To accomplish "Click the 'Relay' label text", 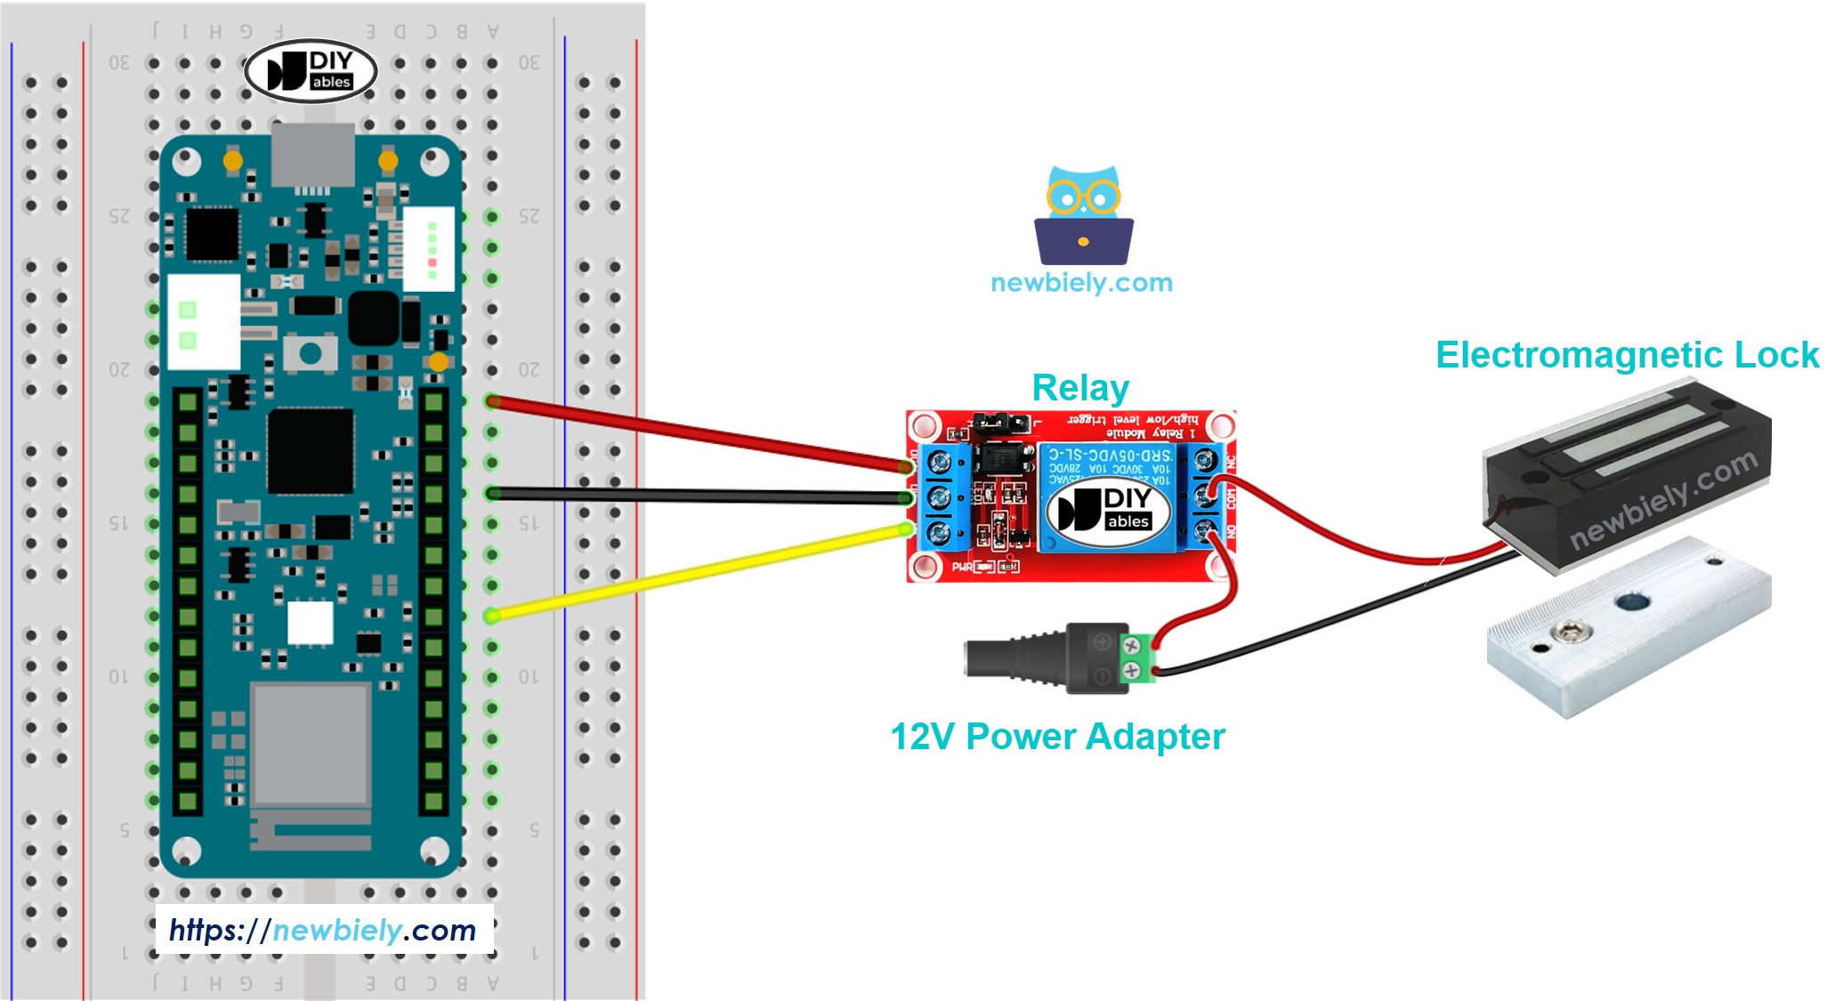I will pos(1079,388).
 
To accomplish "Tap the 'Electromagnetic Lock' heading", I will pos(1627,355).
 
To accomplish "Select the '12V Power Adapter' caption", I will pos(1057,737).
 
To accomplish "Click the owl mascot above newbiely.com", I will pos(1083,216).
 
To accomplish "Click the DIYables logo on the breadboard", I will pos(311,71).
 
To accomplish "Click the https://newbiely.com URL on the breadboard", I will pos(323,931).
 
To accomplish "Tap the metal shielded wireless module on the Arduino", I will pos(310,745).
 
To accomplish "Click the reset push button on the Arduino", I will pos(310,353).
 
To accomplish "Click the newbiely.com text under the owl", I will pos(1081,283).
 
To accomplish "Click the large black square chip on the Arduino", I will pos(310,449).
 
